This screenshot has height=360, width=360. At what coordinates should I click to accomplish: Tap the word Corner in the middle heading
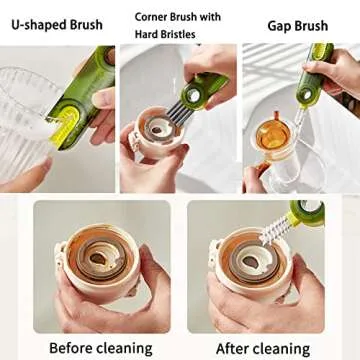152,18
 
